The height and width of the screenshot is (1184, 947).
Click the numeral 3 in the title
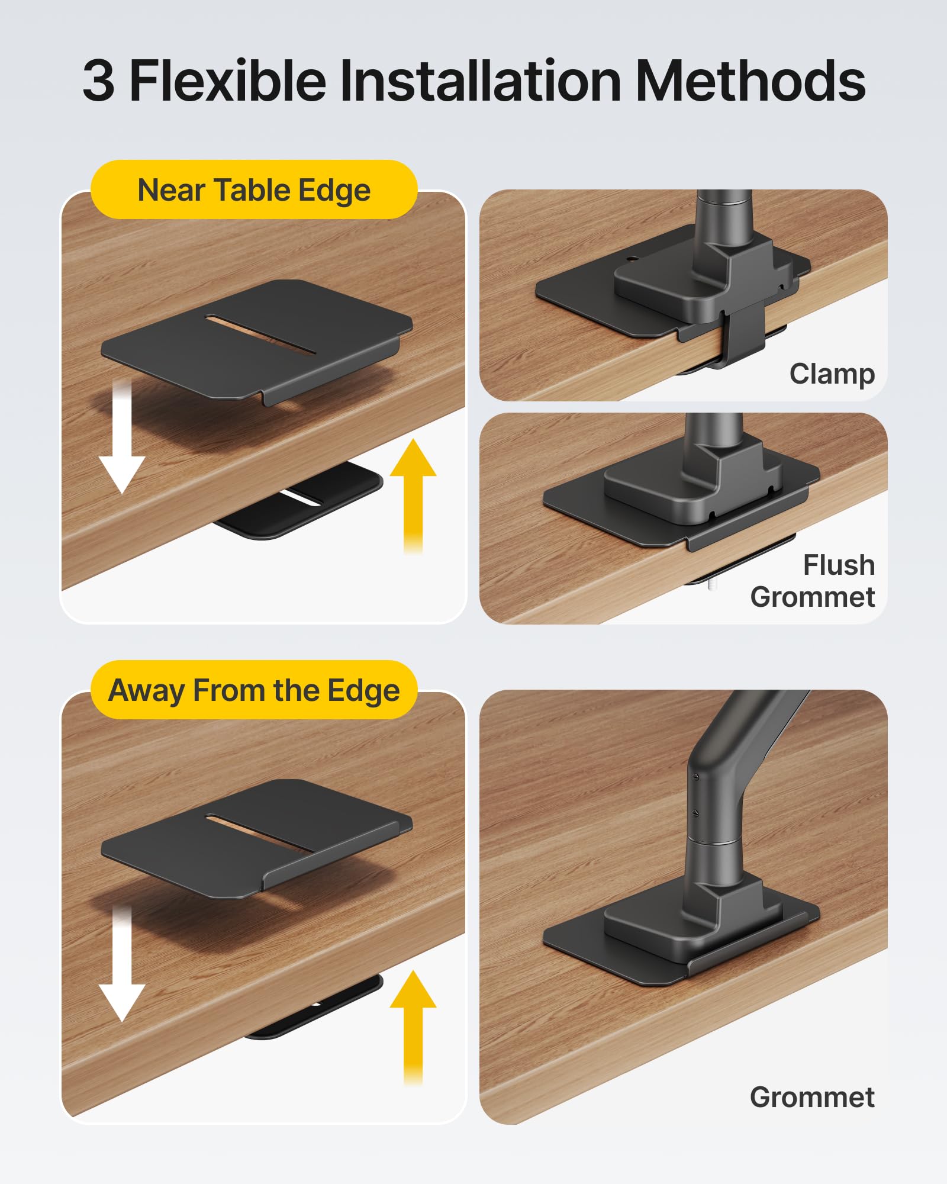coord(99,81)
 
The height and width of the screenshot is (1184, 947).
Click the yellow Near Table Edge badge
coord(254,190)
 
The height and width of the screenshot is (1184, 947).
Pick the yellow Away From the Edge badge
coord(254,690)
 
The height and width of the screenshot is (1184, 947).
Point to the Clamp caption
coord(832,374)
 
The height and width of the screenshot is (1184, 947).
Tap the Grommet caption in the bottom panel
coord(811,1097)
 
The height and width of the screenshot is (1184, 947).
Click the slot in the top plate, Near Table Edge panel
coord(261,335)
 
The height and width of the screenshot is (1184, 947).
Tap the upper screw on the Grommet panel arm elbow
coord(696,776)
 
